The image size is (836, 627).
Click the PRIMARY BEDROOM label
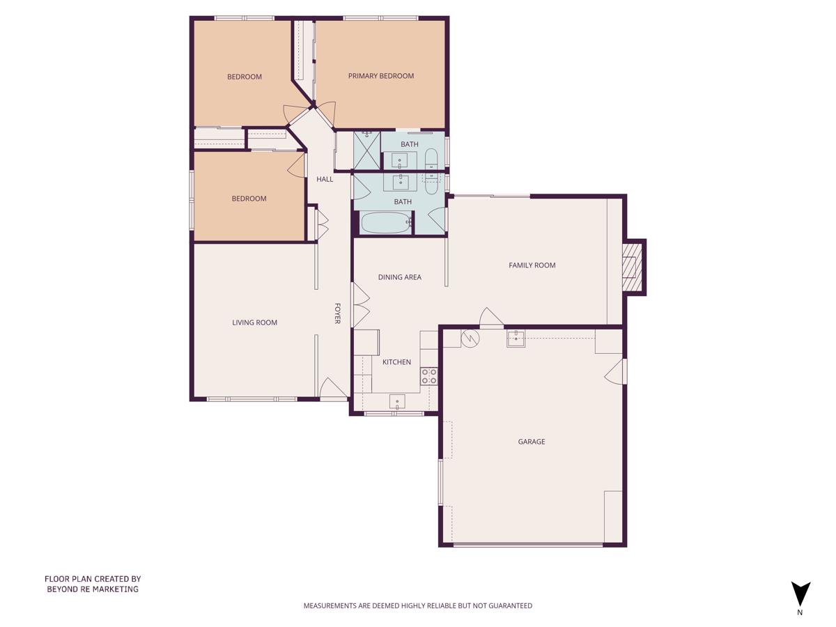tap(381, 76)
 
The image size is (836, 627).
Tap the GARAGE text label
tap(531, 442)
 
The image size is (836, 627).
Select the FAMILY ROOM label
tap(532, 265)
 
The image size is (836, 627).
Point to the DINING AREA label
tap(399, 277)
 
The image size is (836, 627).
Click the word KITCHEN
tap(396, 362)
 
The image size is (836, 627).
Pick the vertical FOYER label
tap(338, 313)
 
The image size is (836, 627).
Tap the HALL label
tap(325, 179)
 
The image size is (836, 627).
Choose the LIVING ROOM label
tap(254, 323)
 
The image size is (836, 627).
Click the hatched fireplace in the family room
tap(632, 267)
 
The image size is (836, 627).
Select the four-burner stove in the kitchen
tap(429, 377)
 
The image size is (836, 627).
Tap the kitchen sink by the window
tap(397, 401)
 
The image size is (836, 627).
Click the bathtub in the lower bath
tap(386, 223)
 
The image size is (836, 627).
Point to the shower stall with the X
tap(366, 150)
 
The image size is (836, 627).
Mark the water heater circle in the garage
tap(471, 338)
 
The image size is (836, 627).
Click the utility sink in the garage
tap(516, 339)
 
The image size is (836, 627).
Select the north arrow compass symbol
tap(800, 594)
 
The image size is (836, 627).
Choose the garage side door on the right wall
tap(616, 372)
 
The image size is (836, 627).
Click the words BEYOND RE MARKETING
tap(93, 589)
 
